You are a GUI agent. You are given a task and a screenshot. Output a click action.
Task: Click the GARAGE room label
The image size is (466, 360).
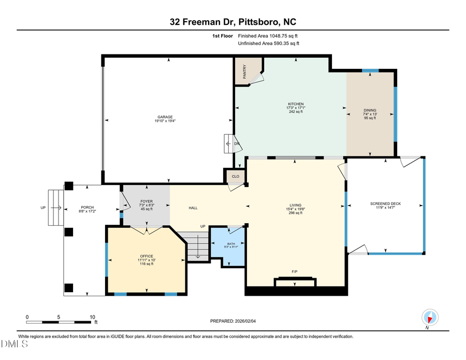[165, 117]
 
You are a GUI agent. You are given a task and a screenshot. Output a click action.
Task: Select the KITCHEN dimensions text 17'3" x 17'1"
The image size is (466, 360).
[296, 108]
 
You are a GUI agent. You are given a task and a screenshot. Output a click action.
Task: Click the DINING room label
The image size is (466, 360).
[370, 110]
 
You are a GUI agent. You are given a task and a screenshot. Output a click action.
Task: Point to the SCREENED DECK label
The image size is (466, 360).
[386, 204]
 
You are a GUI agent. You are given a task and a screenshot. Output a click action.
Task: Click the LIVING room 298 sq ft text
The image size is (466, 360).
[295, 213]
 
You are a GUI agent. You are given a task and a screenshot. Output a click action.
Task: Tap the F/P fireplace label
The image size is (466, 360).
[295, 271]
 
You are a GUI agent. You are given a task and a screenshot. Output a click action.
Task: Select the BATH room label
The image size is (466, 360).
[231, 243]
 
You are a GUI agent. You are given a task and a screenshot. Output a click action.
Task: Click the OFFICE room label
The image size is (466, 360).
[147, 256]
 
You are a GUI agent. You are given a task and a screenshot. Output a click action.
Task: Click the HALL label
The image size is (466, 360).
[193, 208]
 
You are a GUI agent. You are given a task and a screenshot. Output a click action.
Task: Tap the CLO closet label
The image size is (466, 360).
[235, 177]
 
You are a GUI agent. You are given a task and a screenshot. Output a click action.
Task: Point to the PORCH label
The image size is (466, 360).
[73, 207]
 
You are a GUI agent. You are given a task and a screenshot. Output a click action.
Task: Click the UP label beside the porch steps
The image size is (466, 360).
[43, 208]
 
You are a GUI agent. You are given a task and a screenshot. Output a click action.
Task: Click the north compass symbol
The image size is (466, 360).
[430, 317]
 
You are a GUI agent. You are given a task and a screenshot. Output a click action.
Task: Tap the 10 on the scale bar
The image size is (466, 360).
[92, 317]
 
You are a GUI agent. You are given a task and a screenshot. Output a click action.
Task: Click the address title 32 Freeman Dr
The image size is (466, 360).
[202, 22]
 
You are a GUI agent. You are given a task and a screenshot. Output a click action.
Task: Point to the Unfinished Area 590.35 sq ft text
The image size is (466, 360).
[268, 44]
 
